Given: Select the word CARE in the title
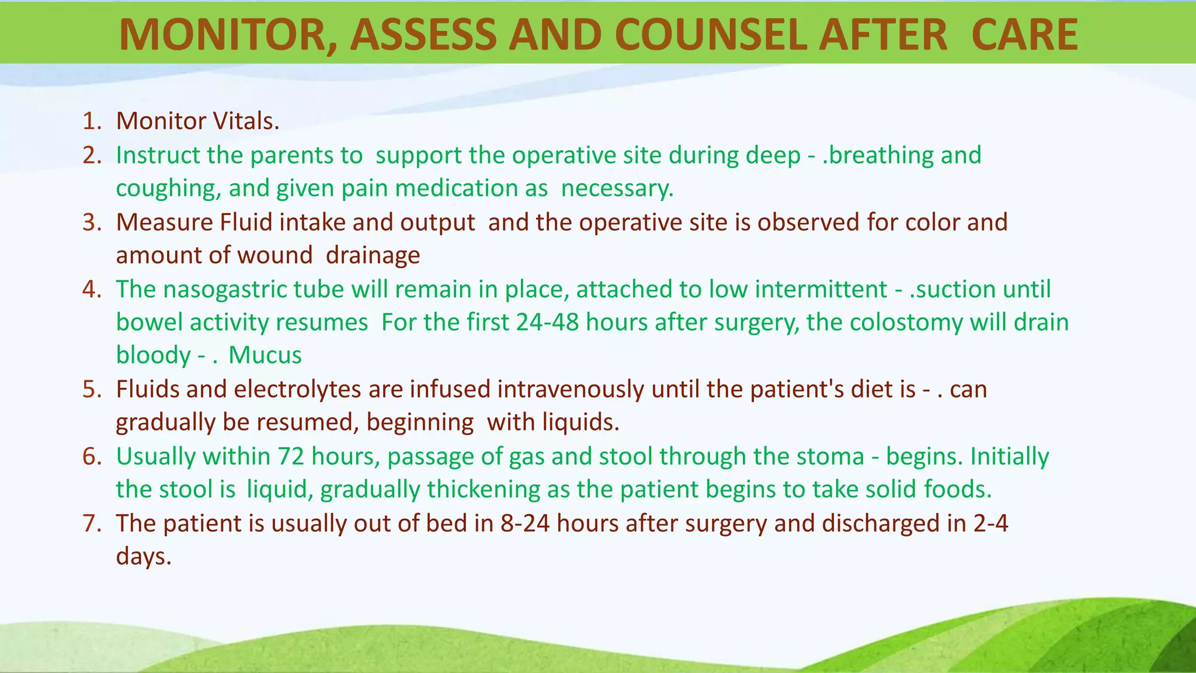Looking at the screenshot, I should [x=1024, y=35].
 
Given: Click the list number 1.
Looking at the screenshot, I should [x=92, y=122].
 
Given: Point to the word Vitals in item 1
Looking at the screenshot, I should [x=246, y=122].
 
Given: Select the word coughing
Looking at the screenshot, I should [x=168, y=189].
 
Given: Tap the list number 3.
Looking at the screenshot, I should [x=92, y=223].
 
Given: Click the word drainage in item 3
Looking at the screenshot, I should [x=373, y=256].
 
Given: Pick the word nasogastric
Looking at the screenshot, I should [x=224, y=290].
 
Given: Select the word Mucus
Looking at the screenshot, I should [x=265, y=356].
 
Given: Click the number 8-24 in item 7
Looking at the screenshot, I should [x=524, y=523].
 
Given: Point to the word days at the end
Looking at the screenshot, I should [x=144, y=556].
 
